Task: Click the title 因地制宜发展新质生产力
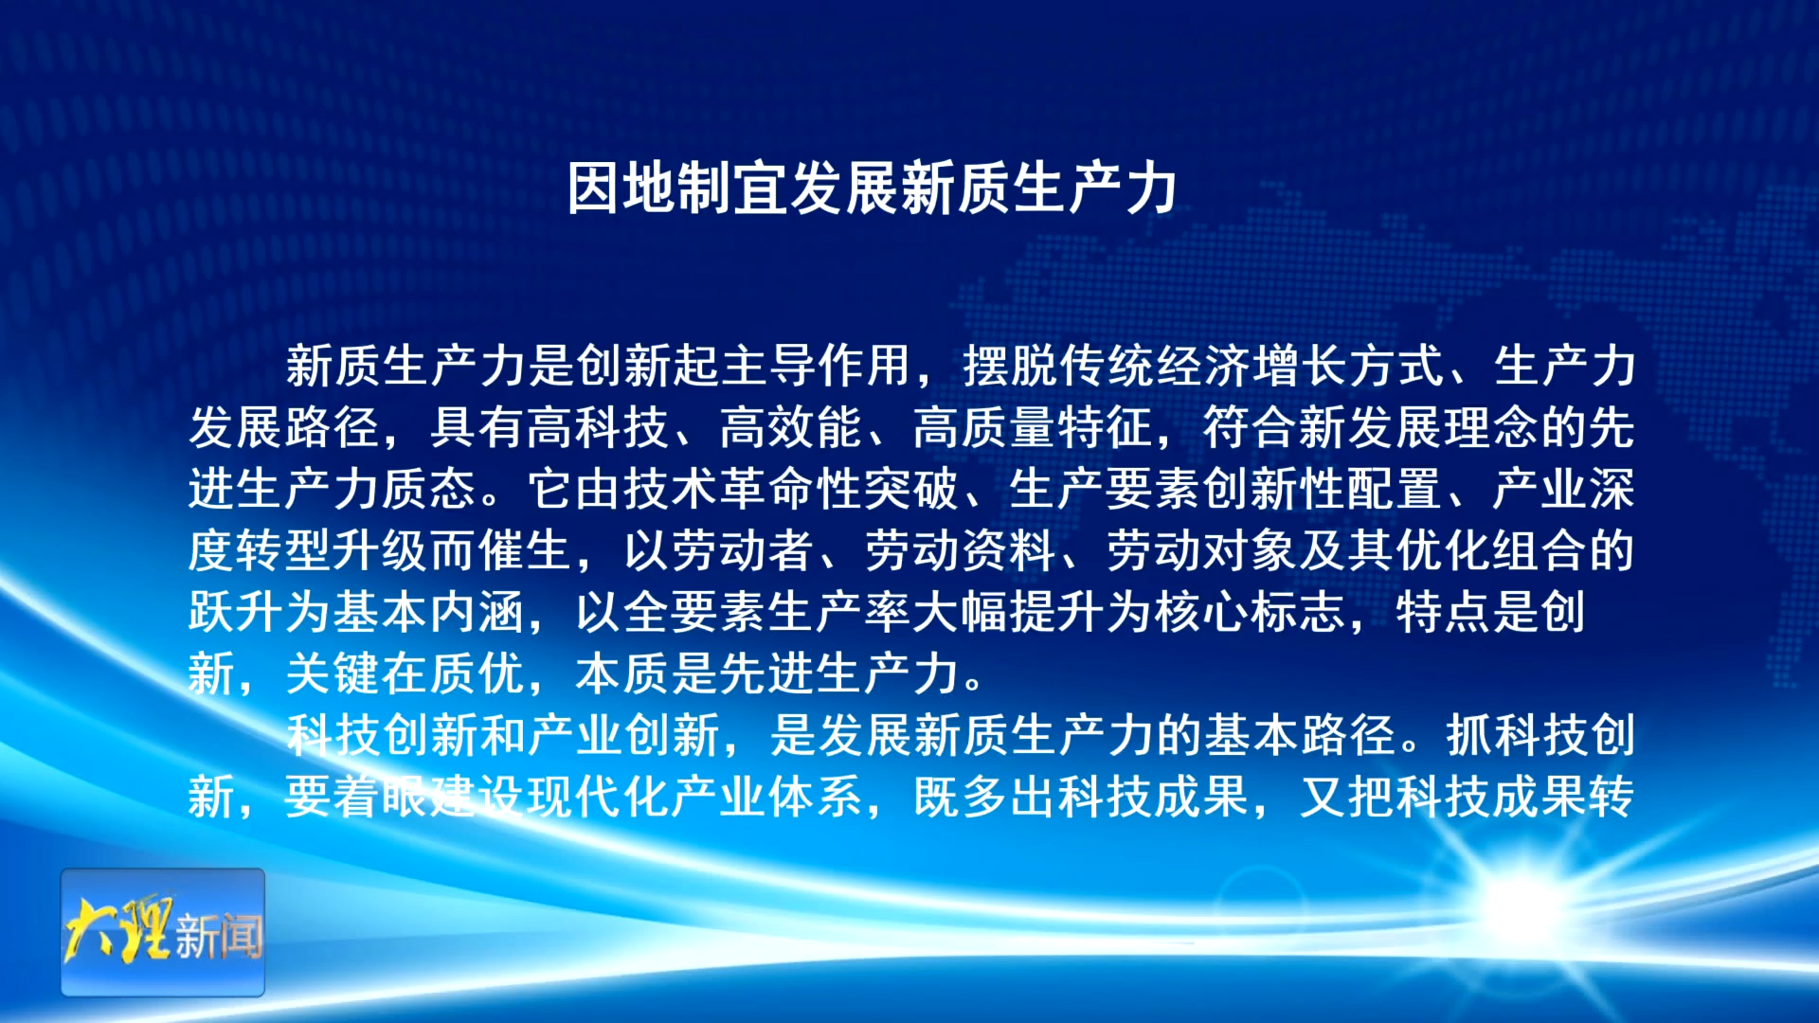(872, 188)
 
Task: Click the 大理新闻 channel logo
(163, 932)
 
